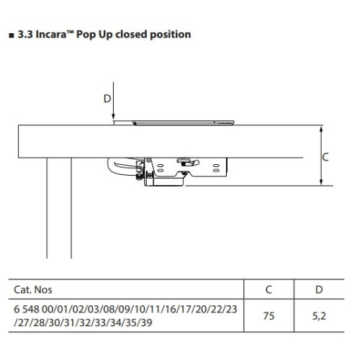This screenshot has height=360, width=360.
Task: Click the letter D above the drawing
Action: click(x=107, y=99)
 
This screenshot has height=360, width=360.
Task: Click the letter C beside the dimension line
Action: click(x=325, y=157)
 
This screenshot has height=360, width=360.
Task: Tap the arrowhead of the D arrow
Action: click(x=113, y=116)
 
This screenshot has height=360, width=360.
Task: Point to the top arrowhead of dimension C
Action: click(x=321, y=129)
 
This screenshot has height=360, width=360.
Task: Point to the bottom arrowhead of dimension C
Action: click(x=321, y=181)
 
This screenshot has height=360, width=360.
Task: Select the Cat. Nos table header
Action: click(x=33, y=289)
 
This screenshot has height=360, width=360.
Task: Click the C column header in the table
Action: click(x=269, y=289)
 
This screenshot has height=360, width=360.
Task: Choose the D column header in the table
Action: click(x=319, y=289)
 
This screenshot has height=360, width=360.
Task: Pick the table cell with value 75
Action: click(x=269, y=316)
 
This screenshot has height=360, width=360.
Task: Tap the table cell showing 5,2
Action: click(x=319, y=316)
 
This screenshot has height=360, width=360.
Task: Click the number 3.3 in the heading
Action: click(x=25, y=35)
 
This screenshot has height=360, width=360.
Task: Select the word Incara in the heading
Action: click(x=50, y=35)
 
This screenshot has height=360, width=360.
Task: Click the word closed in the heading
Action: click(x=131, y=35)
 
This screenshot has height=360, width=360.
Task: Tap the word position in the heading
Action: click(x=171, y=35)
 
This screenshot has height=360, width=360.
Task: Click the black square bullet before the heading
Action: click(x=12, y=36)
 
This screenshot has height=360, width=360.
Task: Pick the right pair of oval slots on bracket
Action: click(x=216, y=168)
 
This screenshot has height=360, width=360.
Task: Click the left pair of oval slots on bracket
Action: click(x=161, y=168)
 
